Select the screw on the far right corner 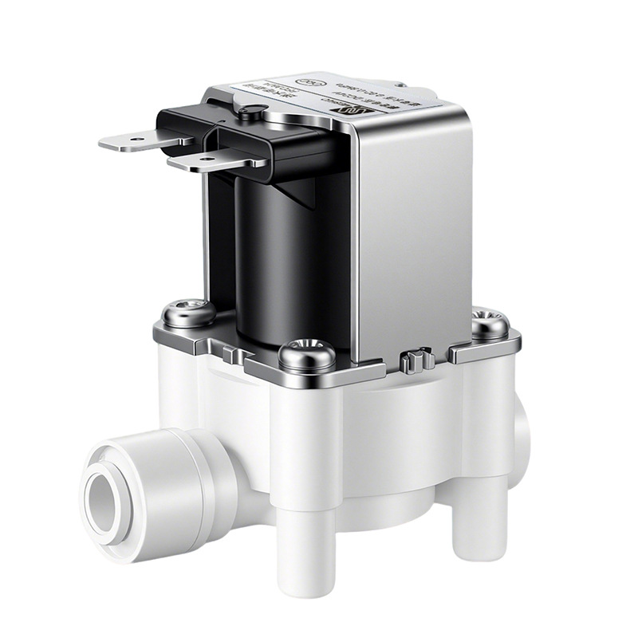click(489, 323)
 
